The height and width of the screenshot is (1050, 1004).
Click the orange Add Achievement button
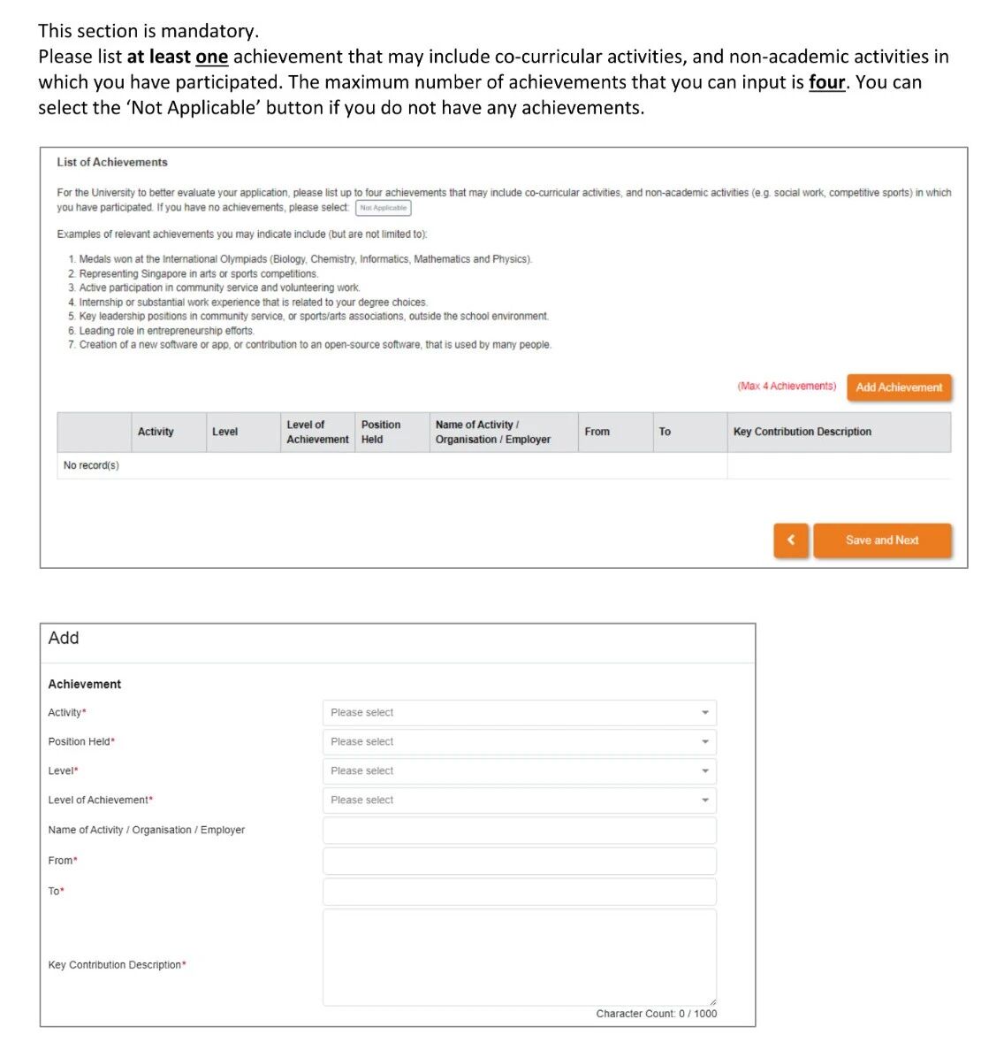click(x=898, y=387)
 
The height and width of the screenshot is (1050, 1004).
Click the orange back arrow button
click(x=791, y=540)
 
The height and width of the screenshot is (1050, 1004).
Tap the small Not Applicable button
click(x=384, y=208)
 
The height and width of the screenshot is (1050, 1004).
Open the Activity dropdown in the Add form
click(x=519, y=713)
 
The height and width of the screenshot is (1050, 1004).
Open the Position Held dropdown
click(x=519, y=742)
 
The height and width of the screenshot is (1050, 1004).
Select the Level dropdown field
click(x=519, y=771)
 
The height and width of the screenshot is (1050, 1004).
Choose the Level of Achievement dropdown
click(x=519, y=801)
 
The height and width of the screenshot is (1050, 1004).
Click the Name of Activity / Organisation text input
click(x=519, y=831)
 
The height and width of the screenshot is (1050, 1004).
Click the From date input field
click(x=519, y=861)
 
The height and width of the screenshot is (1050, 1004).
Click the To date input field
click(x=519, y=892)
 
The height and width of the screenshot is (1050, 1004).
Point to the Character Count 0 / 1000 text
click(x=656, y=1014)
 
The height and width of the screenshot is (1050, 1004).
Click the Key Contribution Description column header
click(x=802, y=432)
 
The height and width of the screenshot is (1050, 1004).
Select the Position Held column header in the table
click(x=380, y=432)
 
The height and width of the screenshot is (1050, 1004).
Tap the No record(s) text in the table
click(x=91, y=465)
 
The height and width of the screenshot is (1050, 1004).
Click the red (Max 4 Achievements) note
click(x=787, y=387)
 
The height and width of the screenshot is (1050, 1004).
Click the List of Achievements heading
click(x=112, y=163)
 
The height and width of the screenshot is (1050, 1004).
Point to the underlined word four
click(x=826, y=82)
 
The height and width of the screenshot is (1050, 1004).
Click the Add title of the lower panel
click(x=64, y=638)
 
